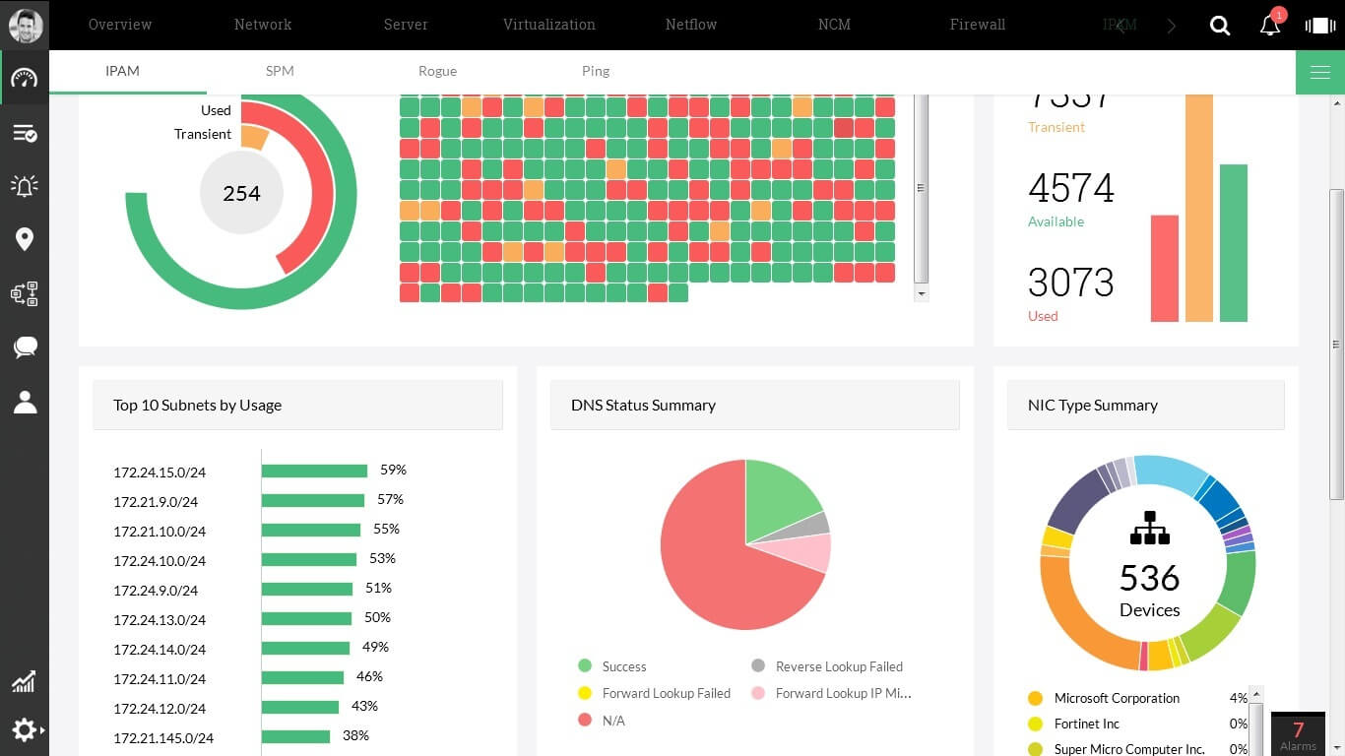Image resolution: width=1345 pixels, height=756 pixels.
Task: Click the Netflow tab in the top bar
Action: [690, 25]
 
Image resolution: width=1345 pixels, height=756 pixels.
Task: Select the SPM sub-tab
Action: [280, 71]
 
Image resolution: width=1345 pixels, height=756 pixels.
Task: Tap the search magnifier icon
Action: [1220, 26]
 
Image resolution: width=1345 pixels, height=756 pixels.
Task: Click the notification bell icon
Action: [1270, 26]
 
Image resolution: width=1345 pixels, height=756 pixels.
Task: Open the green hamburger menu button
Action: [1319, 72]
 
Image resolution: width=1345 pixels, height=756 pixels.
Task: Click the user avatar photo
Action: [25, 26]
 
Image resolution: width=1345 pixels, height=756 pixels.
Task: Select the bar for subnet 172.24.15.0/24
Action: [314, 472]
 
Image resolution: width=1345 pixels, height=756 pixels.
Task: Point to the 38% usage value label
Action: [355, 735]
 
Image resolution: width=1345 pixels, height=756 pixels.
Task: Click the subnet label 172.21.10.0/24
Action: [160, 532]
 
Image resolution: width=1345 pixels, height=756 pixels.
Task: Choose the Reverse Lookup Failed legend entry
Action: [838, 666]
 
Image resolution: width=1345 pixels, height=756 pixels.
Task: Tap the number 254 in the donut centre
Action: [241, 194]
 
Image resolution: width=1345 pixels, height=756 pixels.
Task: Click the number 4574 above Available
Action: [1070, 188]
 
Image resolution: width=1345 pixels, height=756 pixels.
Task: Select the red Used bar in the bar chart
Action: [1165, 268]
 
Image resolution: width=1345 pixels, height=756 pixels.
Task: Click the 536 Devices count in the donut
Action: [1149, 578]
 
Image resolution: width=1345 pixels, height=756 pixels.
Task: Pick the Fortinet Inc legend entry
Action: [1086, 724]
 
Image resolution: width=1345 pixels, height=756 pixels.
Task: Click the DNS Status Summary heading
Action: [643, 406]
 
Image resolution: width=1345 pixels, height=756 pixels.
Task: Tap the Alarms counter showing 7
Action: [1298, 733]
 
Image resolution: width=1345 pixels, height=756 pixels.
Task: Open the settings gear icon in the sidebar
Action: [25, 729]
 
